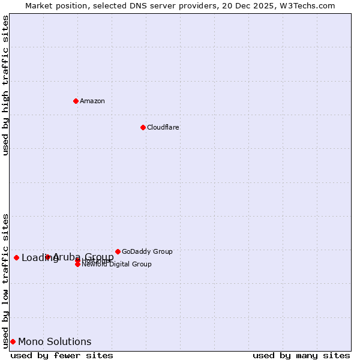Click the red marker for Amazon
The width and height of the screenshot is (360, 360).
click(76, 101)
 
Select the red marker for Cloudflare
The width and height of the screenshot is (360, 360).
click(143, 127)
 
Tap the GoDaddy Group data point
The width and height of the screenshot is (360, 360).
click(118, 251)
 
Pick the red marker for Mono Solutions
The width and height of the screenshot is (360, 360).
click(13, 341)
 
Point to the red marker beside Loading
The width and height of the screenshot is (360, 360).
click(16, 257)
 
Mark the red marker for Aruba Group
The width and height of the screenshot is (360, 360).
click(48, 257)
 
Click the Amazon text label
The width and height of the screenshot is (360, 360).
click(92, 101)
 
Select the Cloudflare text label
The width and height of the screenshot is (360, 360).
click(163, 127)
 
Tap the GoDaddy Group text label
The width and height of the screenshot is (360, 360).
click(147, 251)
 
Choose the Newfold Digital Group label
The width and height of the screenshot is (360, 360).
click(116, 264)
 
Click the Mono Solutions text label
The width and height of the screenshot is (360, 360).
click(55, 342)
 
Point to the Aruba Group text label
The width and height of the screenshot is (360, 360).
click(83, 257)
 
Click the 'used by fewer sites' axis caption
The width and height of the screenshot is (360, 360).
click(62, 355)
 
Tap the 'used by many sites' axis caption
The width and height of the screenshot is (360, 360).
click(301, 355)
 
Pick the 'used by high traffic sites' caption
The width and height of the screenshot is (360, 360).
click(5, 85)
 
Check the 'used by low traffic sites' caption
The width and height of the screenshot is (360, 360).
click(5, 280)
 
